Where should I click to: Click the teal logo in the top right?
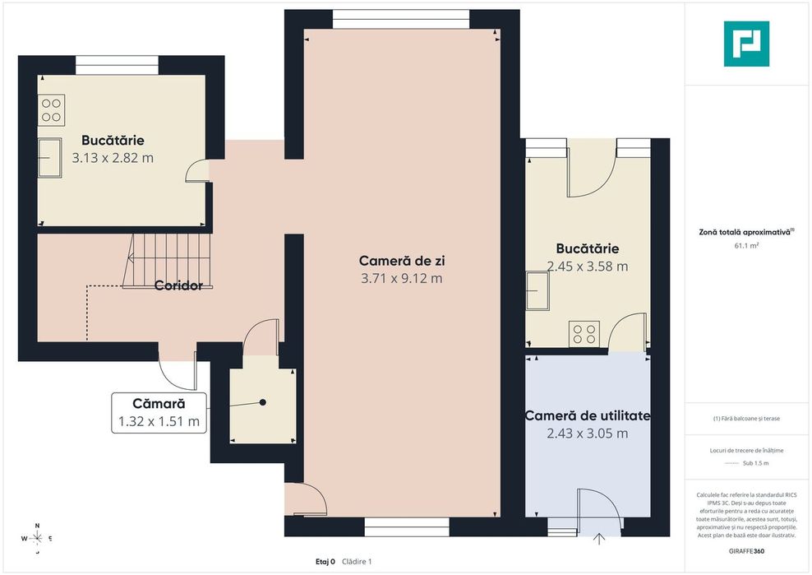[746, 44]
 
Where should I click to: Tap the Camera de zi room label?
[402, 260]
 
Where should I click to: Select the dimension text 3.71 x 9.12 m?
[402, 278]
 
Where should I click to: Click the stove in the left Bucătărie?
[51, 110]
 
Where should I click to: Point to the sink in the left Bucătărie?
[49, 158]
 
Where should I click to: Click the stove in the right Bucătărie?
[584, 333]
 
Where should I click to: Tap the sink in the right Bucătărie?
[537, 290]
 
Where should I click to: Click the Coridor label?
[178, 285]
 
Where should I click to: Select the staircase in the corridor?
[167, 261]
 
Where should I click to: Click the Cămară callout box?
[159, 413]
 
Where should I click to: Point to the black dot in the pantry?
[263, 402]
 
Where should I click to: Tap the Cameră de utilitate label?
[588, 415]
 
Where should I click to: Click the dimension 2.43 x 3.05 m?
[588, 434]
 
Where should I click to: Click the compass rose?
[37, 539]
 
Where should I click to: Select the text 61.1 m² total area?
[746, 246]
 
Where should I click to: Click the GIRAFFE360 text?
[746, 551]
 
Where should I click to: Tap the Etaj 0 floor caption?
[325, 562]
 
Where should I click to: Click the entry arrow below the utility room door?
[599, 540]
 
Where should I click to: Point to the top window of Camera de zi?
[401, 19]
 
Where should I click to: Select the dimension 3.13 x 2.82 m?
[113, 158]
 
